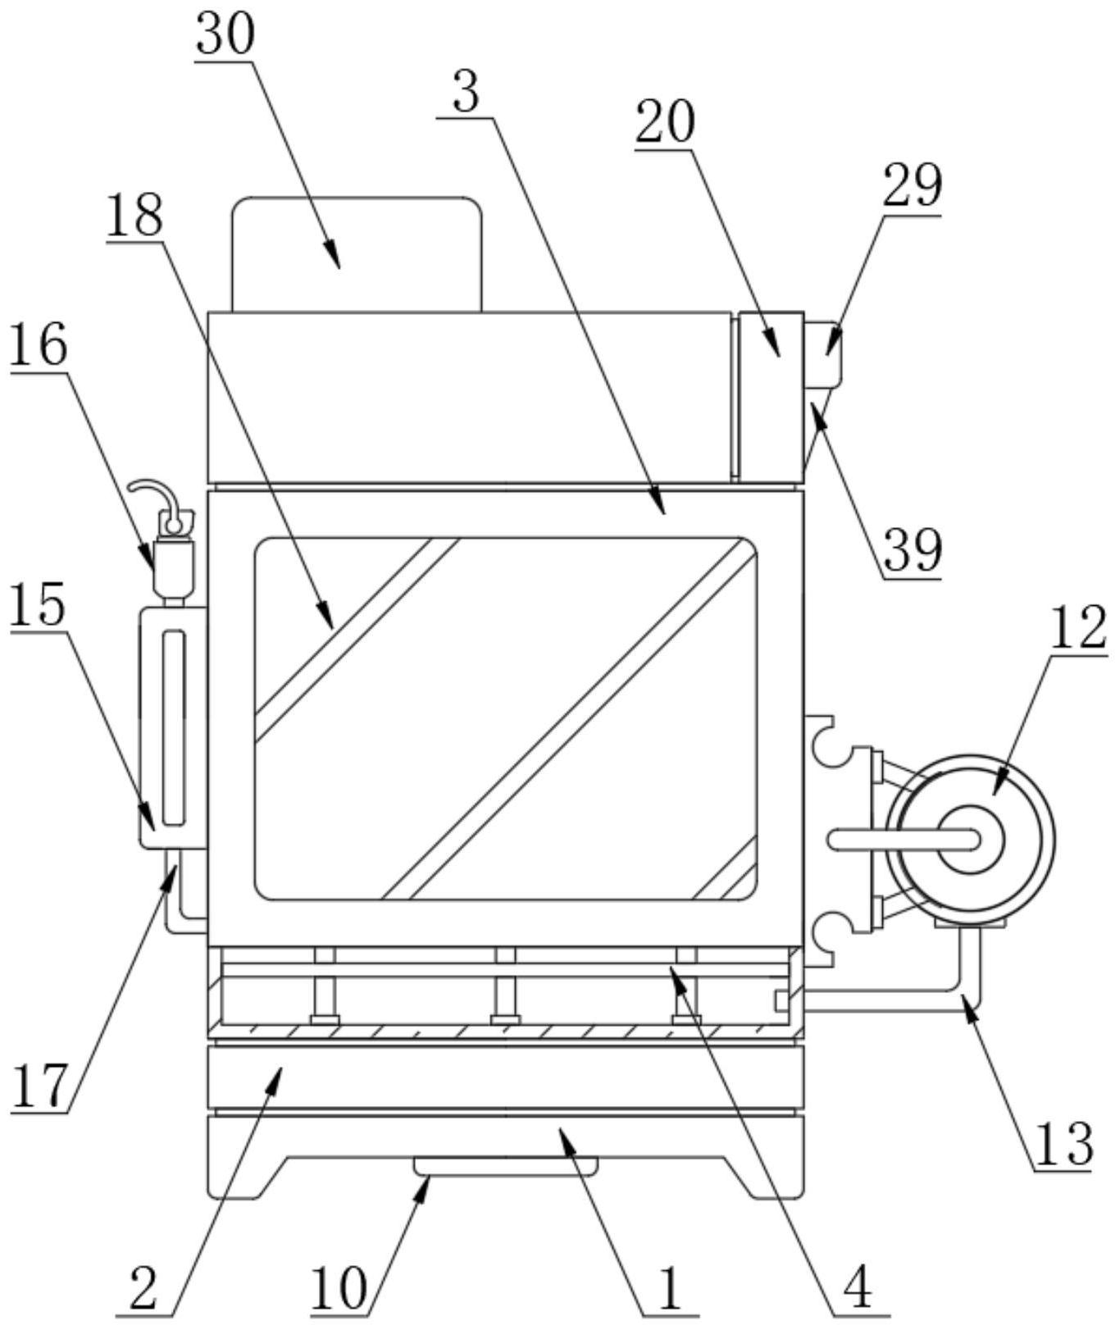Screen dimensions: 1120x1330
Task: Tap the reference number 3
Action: [x=466, y=93]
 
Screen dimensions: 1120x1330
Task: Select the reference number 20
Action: [x=666, y=122]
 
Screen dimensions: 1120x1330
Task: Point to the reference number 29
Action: [x=913, y=186]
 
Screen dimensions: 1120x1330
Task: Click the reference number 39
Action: [x=913, y=551]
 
